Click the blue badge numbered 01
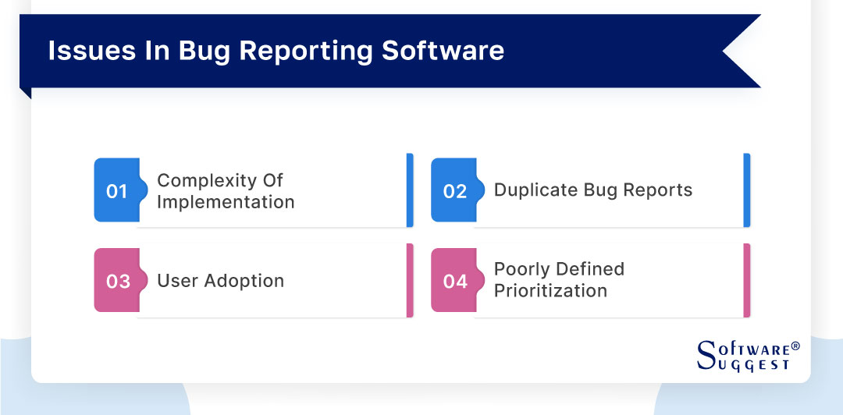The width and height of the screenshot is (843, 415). [116, 191]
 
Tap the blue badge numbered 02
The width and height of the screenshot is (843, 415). [454, 191]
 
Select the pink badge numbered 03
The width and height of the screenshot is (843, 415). [117, 281]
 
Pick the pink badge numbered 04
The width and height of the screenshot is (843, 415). [454, 281]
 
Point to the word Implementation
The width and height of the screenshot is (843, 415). [226, 202]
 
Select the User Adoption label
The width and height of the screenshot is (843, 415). [220, 281]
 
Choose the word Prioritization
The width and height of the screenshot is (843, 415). [550, 291]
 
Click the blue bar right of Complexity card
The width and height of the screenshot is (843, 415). [410, 190]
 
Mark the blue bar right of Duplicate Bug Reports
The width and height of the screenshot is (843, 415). [747, 190]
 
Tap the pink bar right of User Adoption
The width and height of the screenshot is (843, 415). [410, 281]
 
